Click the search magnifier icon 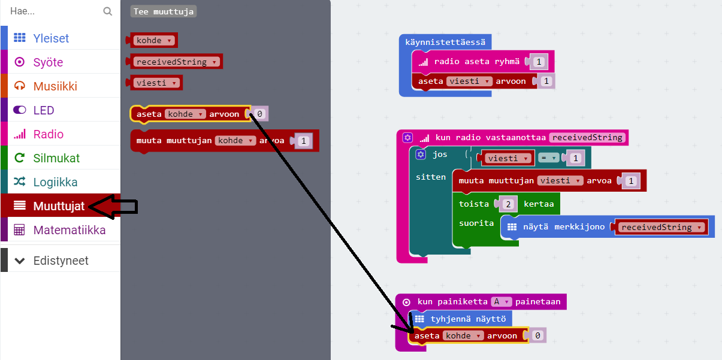tap(108, 11)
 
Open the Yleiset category tap(51, 38)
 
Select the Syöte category tap(48, 62)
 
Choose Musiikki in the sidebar tap(55, 86)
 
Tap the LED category tap(44, 110)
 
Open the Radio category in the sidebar tap(49, 134)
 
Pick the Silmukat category tap(56, 158)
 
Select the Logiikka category tap(56, 182)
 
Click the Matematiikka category tap(70, 230)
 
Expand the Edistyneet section tap(61, 261)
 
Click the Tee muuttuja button tap(164, 11)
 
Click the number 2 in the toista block tap(507, 204)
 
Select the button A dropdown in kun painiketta tap(500, 302)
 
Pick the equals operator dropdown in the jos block tap(548, 158)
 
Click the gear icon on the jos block tap(421, 155)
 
